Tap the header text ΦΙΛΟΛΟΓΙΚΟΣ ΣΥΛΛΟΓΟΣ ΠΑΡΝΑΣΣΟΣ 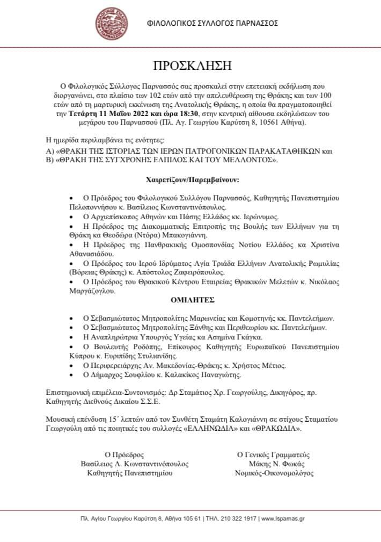[x=213, y=24]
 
